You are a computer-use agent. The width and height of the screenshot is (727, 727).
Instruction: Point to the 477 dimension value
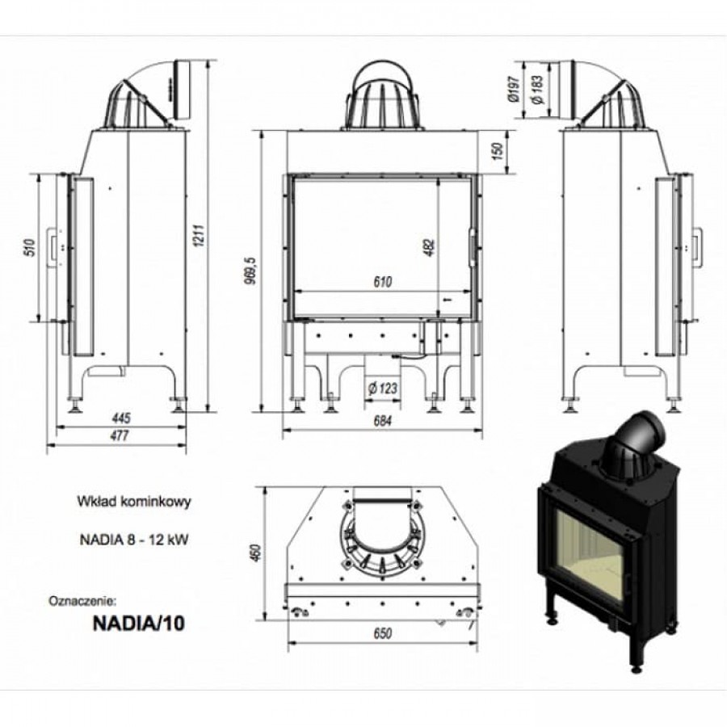point(121,435)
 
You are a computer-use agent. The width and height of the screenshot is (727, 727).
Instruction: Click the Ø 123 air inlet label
point(383,389)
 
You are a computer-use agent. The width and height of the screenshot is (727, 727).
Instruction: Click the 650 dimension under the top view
point(383,634)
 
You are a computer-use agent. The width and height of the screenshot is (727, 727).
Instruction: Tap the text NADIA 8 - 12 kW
point(134,540)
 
